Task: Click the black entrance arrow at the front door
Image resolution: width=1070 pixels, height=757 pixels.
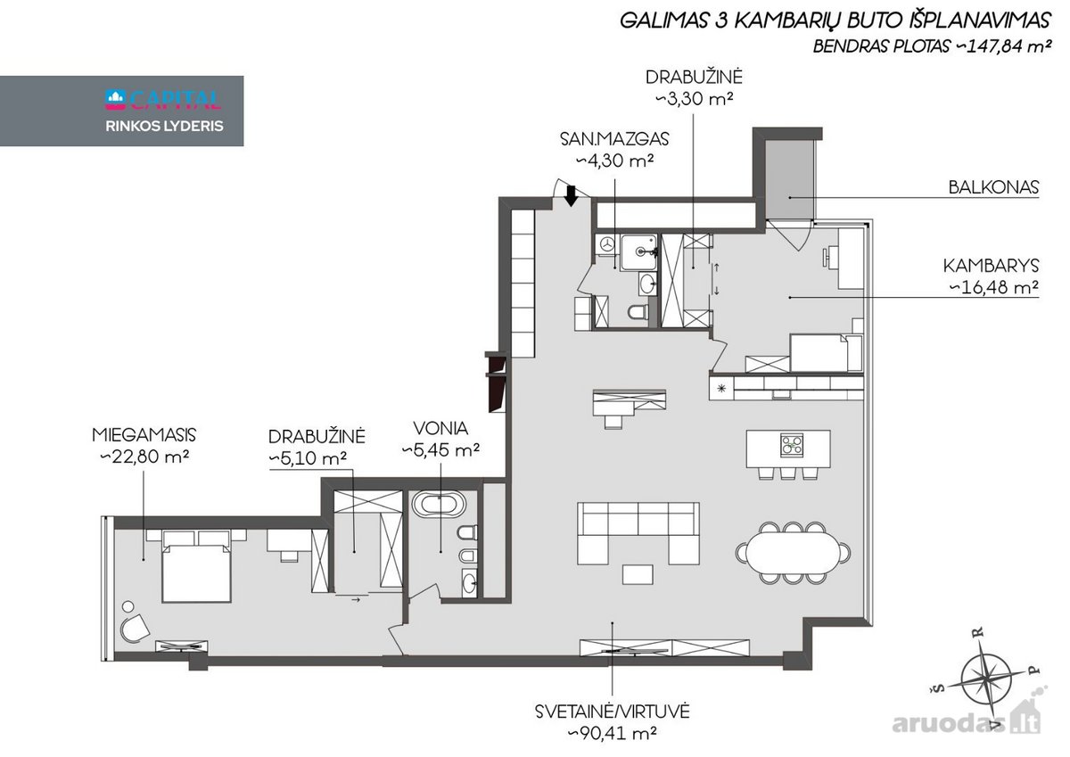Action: point(571,196)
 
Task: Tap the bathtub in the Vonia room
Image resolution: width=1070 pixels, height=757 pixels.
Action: point(439,505)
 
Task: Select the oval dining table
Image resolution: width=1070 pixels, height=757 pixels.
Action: point(793,553)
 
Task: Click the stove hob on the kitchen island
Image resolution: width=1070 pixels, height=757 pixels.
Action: point(792,446)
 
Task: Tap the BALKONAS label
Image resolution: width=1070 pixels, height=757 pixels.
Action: point(993,186)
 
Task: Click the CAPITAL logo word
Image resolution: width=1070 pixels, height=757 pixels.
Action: point(175,99)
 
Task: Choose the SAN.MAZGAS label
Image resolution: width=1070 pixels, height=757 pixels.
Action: point(614,139)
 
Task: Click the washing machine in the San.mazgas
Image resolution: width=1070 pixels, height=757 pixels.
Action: point(606,244)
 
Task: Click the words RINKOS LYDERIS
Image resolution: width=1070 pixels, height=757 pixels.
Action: point(164,126)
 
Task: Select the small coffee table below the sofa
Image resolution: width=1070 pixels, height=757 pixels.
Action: point(638,574)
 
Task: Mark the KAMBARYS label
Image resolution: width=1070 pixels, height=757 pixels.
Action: point(991,266)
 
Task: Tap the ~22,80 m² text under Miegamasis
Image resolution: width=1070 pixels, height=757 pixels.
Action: point(144,457)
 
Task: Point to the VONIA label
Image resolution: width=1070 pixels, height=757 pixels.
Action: point(440,428)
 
